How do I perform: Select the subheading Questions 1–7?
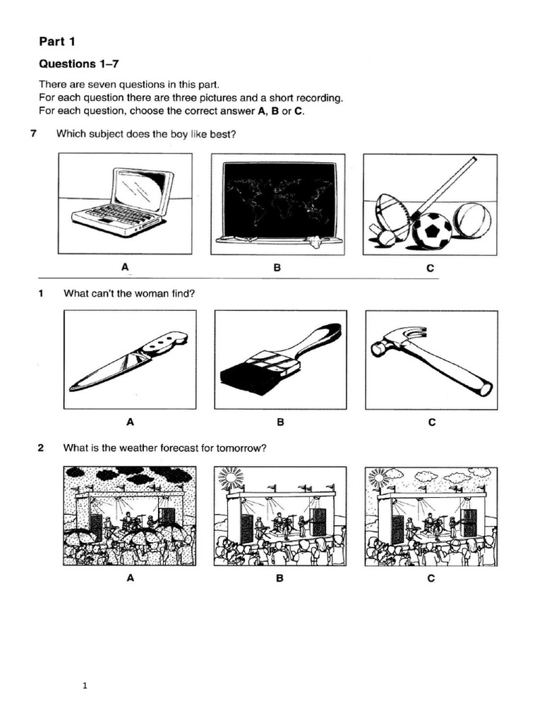pyautogui.click(x=76, y=64)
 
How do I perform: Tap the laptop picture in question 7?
pyautogui.click(x=124, y=203)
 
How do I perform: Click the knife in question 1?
pyautogui.click(x=128, y=360)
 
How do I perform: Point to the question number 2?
pyautogui.click(x=42, y=447)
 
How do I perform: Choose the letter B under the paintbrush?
pyautogui.click(x=280, y=423)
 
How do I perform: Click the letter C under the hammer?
pyautogui.click(x=431, y=423)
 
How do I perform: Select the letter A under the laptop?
pyautogui.click(x=126, y=267)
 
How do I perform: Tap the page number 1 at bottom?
pyautogui.click(x=84, y=684)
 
